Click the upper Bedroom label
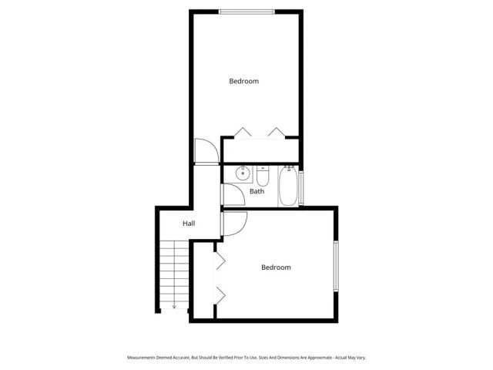(243, 81)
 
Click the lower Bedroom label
(276, 267)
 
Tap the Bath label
(257, 191)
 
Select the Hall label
(189, 224)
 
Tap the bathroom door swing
(234, 193)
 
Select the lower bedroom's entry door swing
(234, 224)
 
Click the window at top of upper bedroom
(245, 11)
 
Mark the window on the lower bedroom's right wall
(336, 267)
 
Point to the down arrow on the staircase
(174, 305)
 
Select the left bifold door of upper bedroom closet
(243, 132)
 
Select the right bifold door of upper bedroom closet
(276, 132)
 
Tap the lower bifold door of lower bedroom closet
(219, 294)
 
